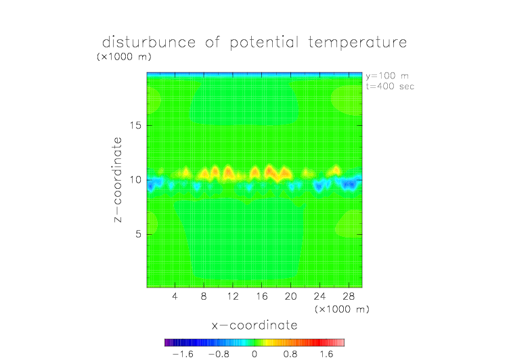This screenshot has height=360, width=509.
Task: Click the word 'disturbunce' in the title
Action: [149, 42]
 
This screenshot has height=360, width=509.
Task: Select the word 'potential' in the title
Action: [264, 43]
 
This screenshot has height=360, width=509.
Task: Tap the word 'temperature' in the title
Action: [357, 43]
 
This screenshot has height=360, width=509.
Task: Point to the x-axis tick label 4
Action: [175, 296]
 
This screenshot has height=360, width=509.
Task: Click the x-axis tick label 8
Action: [204, 296]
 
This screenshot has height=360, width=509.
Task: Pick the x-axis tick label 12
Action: [233, 296]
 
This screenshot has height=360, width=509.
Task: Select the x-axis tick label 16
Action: [262, 296]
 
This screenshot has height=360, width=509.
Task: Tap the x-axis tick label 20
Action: [290, 296]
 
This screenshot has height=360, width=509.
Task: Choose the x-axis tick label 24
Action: [319, 296]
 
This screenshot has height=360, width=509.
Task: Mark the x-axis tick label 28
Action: [349, 296]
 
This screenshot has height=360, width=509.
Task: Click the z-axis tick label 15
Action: [135, 125]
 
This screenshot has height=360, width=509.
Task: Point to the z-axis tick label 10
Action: [135, 180]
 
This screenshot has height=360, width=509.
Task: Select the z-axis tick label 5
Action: [139, 234]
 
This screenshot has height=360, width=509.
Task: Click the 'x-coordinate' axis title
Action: [255, 325]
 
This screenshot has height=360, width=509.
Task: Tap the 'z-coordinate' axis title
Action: [118, 179]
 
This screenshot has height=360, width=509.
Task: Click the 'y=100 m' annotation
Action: [387, 76]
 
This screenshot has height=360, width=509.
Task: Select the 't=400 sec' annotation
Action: [390, 87]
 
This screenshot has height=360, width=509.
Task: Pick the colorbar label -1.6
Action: [183, 354]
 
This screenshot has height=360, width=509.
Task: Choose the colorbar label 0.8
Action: [290, 354]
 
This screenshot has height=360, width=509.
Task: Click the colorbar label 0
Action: [255, 354]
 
